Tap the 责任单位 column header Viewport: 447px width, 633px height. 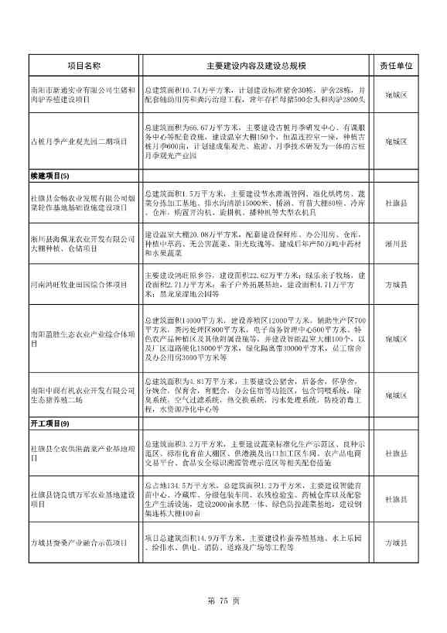coord(397,67)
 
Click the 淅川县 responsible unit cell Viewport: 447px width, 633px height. coord(397,243)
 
